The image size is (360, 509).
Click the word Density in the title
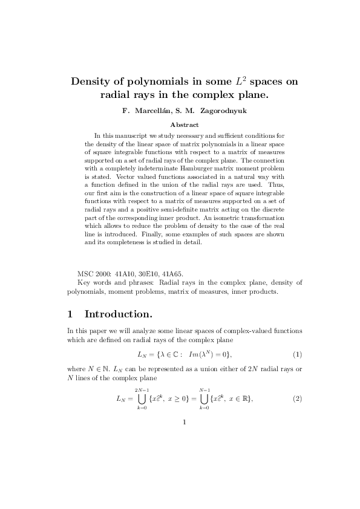click(x=93, y=82)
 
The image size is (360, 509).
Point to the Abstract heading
click(x=180, y=124)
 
